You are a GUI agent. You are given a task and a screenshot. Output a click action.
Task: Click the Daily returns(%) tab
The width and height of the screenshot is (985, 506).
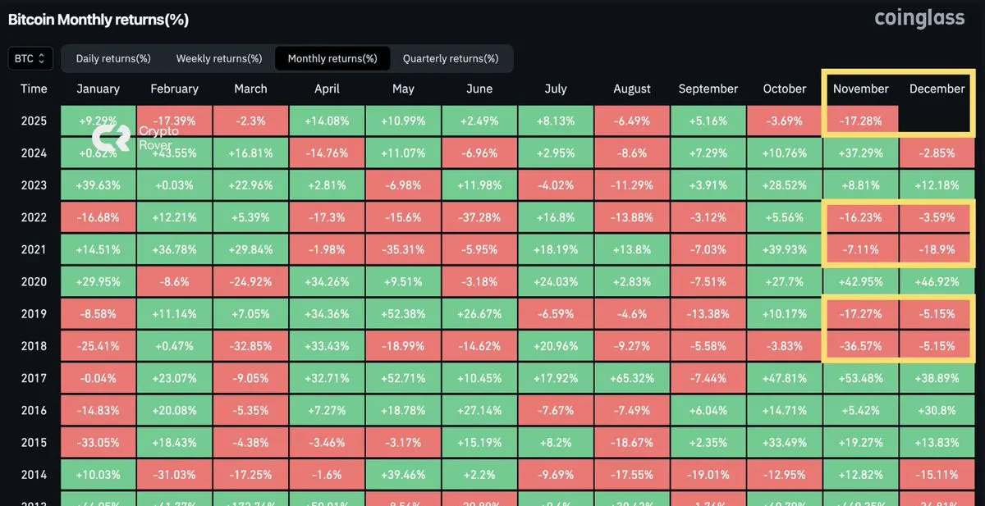113,59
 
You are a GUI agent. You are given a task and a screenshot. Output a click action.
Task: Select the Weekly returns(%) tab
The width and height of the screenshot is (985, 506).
219,59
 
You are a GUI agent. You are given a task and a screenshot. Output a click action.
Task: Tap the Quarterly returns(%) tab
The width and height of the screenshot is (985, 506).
451,59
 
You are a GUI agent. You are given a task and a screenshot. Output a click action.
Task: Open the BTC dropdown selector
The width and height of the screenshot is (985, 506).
31,59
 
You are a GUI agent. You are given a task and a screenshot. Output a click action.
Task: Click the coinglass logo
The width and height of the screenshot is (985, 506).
919,18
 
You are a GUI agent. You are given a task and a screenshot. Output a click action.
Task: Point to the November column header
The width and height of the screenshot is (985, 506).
861,89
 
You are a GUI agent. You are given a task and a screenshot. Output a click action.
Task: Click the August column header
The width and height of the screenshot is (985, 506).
632,89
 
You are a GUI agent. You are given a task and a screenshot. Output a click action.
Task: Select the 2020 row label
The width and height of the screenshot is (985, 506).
34,281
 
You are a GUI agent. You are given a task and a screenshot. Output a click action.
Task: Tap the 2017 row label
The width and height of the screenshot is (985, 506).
34,378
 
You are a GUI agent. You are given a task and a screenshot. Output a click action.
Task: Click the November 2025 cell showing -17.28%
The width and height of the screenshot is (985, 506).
861,121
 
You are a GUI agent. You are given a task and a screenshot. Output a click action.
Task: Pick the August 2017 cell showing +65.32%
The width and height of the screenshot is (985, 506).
632,378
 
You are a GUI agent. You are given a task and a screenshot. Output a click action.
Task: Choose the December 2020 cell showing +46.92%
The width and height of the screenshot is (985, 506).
937,281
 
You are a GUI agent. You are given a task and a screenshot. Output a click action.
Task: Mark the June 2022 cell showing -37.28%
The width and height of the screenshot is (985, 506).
479,217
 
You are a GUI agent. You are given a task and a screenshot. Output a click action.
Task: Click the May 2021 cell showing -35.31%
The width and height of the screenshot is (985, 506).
403,249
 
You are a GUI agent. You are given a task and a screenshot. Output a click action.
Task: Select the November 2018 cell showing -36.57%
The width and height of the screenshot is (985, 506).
861,346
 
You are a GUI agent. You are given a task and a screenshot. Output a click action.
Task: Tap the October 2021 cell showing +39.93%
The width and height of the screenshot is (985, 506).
785,249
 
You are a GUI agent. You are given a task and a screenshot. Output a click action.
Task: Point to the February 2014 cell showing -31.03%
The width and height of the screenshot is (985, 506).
174,475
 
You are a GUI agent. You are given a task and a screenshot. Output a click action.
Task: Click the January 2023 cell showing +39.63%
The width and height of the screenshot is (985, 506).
98,185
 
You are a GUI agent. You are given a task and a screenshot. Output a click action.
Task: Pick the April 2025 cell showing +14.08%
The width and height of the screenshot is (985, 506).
327,121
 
